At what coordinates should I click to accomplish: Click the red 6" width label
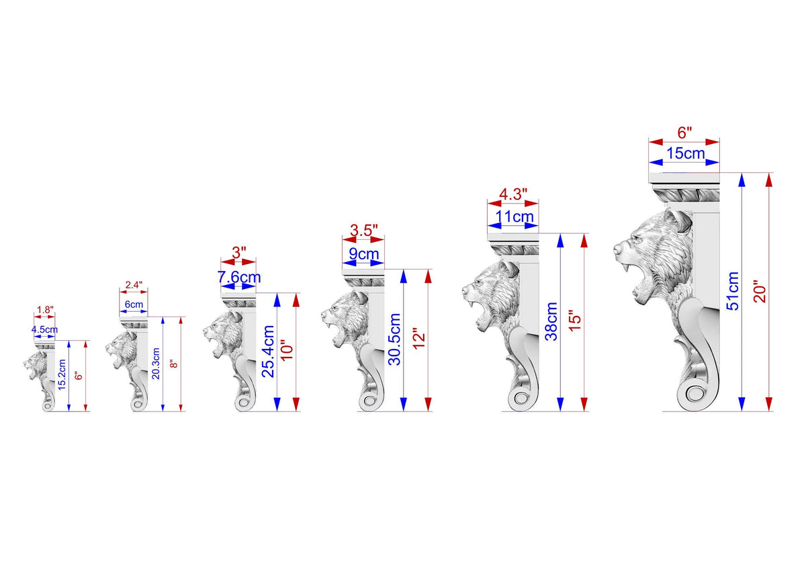click(x=684, y=132)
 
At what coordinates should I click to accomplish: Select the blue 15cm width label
click(x=686, y=154)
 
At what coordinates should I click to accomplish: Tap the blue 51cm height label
click(x=733, y=291)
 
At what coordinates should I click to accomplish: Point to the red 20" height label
click(x=760, y=291)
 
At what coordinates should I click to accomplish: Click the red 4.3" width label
click(x=513, y=194)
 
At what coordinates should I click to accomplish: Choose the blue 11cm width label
click(x=514, y=216)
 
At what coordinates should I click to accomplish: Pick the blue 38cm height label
click(x=551, y=321)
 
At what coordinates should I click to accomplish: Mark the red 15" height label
click(x=576, y=320)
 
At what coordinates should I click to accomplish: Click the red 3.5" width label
click(x=364, y=231)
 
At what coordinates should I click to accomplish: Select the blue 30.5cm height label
click(x=394, y=339)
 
